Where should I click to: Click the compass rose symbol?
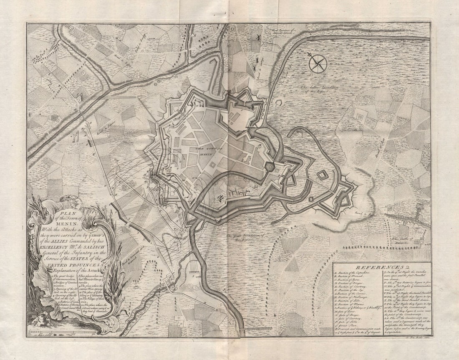[318, 64]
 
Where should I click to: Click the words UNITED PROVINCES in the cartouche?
[74, 265]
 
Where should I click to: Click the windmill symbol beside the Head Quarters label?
[258, 38]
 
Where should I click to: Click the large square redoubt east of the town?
[322, 175]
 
